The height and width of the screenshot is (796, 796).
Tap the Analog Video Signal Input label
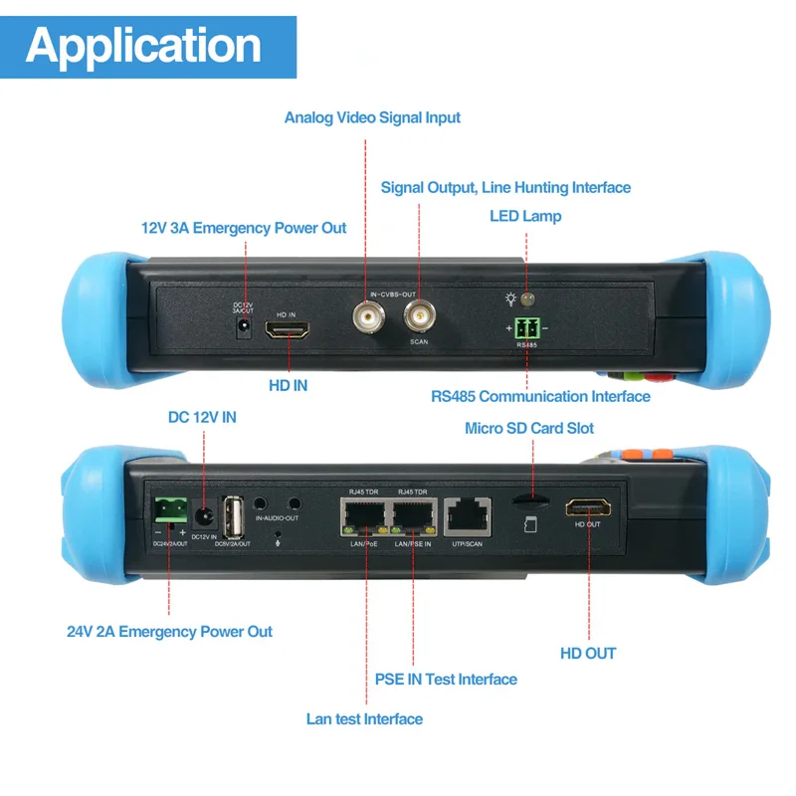372,117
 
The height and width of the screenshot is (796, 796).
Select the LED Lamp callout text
524,216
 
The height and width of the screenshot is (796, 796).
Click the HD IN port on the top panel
289,331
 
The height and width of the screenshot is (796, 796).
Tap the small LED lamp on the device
527,298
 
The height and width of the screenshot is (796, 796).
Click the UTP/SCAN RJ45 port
467,514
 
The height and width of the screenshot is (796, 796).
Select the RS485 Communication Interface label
540,396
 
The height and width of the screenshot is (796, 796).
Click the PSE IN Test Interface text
446,679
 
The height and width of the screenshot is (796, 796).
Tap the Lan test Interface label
364,718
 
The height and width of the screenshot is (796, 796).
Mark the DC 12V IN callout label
202,417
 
